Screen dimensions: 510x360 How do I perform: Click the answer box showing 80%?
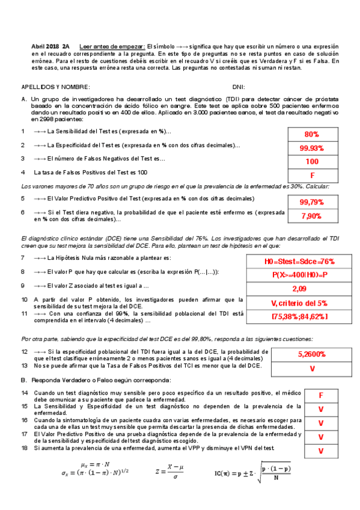pos(311,134)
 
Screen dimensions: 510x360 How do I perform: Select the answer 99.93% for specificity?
pos(311,148)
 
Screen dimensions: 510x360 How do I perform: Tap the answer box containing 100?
pos(311,162)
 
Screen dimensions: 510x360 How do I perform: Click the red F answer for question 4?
pos(311,175)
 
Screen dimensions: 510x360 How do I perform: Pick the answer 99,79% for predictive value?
pos(311,201)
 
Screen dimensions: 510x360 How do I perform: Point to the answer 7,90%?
pos(311,216)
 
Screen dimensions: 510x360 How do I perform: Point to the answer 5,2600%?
pos(311,355)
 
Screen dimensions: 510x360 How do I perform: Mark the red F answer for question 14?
pos(320,396)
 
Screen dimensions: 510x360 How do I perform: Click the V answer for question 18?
pos(320,450)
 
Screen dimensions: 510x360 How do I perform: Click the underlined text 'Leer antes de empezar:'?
pos(112,46)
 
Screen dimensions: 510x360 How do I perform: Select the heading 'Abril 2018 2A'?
pos(50,46)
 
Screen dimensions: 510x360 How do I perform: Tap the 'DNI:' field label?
pos(238,87)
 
